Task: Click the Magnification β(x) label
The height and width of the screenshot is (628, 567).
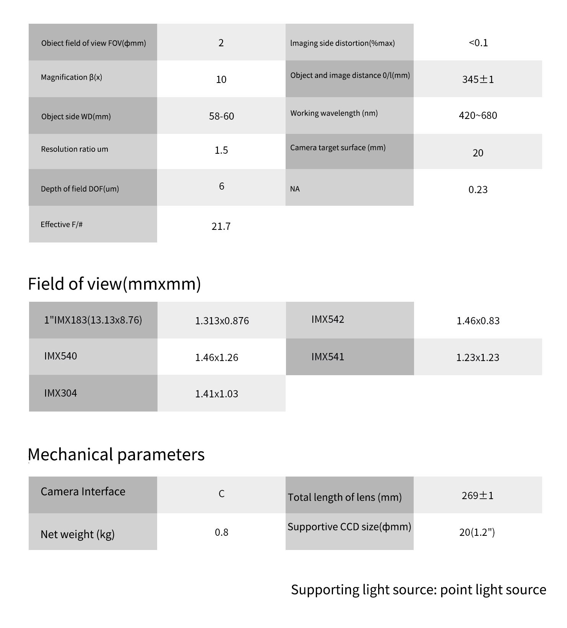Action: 71,77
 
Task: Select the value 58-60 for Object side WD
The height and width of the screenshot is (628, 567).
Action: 221,116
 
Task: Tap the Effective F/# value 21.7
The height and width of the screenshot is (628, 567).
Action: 221,226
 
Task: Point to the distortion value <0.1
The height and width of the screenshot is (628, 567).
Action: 478,43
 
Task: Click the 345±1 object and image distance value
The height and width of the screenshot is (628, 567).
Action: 478,80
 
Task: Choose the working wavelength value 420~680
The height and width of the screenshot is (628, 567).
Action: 478,116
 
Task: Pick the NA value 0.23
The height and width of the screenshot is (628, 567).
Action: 478,190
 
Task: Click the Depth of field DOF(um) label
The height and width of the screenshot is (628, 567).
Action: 80,189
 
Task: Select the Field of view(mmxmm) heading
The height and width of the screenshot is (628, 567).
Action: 114,284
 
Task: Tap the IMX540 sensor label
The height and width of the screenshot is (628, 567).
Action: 60,356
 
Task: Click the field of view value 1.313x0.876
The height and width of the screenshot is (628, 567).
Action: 222,321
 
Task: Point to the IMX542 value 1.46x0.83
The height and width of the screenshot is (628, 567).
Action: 478,321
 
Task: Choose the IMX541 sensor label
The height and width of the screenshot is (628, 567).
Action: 328,357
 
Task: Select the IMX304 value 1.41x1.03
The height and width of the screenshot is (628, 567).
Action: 216,394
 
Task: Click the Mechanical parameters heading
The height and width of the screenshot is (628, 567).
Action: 116,455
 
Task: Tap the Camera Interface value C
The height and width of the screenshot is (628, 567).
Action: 221,494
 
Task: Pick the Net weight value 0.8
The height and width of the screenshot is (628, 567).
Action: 221,532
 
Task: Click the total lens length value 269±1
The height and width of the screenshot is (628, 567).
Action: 478,496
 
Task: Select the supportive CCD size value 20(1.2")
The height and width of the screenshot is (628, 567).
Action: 477,532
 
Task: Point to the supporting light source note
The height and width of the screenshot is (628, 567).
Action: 418,590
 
